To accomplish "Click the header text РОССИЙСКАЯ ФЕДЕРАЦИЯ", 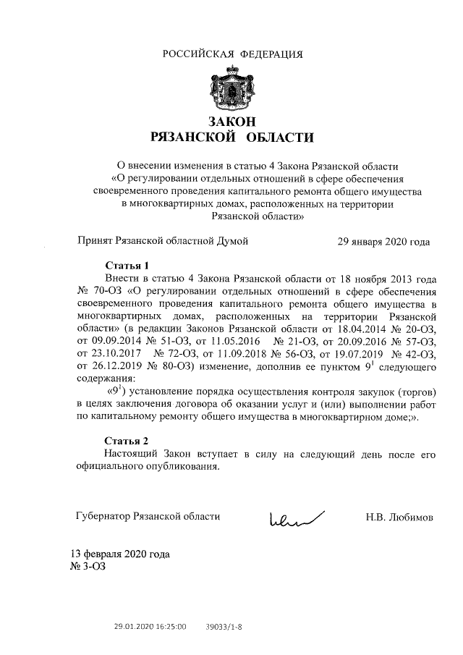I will coord(232,54).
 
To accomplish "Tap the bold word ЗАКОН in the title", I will coord(232,121).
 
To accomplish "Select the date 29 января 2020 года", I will coord(383,242).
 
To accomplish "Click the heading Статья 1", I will coord(127,265).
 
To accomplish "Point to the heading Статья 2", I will coord(127,441).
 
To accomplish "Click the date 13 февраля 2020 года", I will coord(120,554).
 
